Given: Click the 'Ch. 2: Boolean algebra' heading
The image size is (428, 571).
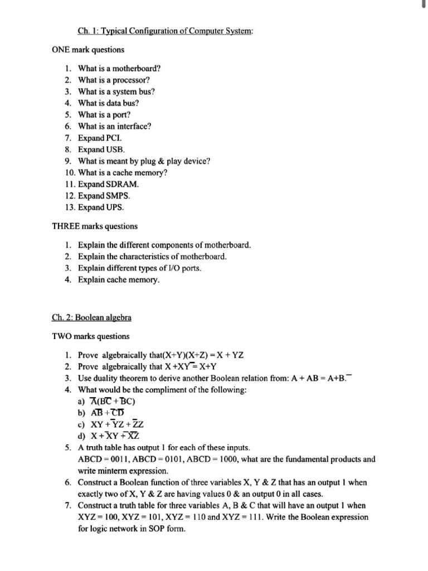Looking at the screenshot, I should tap(91, 318).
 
